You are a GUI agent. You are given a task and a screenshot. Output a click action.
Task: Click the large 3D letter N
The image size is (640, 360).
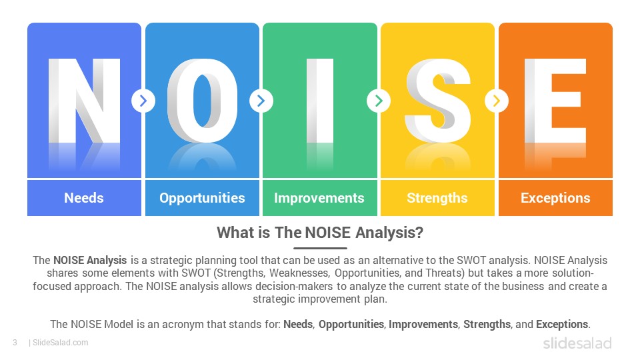85,101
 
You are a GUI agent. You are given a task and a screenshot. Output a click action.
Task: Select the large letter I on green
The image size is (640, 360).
320,101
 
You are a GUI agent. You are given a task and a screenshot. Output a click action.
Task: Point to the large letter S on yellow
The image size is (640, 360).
437,101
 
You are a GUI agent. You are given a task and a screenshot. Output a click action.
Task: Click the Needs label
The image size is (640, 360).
84,198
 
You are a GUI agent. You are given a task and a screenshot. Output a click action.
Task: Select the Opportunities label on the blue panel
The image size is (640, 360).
202,199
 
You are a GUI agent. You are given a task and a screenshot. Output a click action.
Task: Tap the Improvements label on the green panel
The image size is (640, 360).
319,199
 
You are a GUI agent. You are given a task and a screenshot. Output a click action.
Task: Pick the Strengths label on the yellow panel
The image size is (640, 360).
437,199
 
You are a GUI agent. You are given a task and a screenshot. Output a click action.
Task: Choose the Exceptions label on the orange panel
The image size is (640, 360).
555,199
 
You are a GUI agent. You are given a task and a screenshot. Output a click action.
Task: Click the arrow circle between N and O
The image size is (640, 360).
143,101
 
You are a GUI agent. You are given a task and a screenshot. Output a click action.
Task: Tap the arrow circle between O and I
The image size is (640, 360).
261,101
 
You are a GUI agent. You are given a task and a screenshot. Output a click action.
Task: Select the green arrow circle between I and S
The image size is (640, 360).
379,101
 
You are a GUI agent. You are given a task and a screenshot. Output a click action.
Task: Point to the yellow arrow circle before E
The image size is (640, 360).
497,101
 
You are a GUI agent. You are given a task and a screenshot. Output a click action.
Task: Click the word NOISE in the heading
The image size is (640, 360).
328,233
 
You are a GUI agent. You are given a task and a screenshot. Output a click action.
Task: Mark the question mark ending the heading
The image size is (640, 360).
419,233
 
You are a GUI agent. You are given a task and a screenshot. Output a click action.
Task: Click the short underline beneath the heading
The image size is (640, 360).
320,248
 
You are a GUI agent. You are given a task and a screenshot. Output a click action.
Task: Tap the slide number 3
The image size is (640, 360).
15,343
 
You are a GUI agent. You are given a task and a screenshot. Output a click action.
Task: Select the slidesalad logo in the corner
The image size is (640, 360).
577,343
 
